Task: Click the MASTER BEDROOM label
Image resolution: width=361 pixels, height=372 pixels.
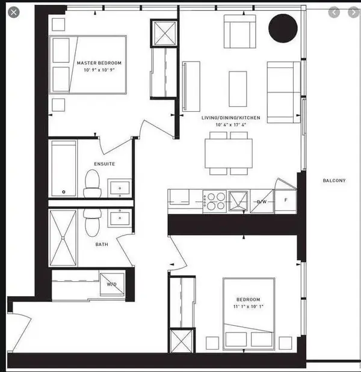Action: pyautogui.click(x=99, y=63)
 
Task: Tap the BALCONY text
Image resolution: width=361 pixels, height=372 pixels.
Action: pyautogui.click(x=334, y=180)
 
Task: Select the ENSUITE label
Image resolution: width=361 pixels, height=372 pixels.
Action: pyautogui.click(x=104, y=163)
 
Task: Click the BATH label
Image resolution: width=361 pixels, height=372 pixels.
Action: pyautogui.click(x=102, y=245)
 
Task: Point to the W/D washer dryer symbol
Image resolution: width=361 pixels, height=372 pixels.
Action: pyautogui.click(x=111, y=285)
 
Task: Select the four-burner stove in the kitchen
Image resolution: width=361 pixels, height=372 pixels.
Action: pyautogui.click(x=215, y=201)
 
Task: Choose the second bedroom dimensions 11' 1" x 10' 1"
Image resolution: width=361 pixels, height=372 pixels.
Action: pyautogui.click(x=248, y=307)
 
